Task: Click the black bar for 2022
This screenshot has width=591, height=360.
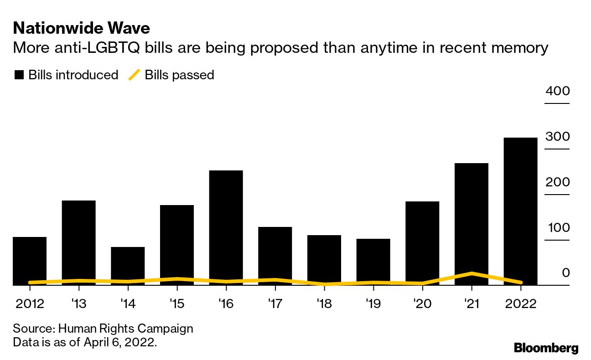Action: pyautogui.click(x=520, y=210)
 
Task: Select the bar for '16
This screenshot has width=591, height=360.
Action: pyautogui.click(x=226, y=226)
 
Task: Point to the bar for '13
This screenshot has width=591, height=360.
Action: pyautogui.click(x=78, y=239)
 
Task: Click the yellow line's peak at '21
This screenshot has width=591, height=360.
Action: pyautogui.click(x=472, y=273)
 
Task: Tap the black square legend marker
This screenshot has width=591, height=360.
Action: pyautogui.click(x=19, y=75)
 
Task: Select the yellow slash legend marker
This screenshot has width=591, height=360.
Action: pyautogui.click(x=134, y=75)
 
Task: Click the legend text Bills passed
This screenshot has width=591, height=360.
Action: pyautogui.click(x=179, y=75)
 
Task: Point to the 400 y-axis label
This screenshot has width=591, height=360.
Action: pyautogui.click(x=557, y=91)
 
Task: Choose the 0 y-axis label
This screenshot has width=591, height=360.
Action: pyautogui.click(x=565, y=273)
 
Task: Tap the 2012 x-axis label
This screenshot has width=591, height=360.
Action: pyautogui.click(x=30, y=304)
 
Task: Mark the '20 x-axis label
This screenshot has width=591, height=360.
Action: pyautogui.click(x=422, y=304)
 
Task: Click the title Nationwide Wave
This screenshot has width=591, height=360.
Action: pyautogui.click(x=82, y=29)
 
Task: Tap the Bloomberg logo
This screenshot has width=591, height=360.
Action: pyautogui.click(x=546, y=348)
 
